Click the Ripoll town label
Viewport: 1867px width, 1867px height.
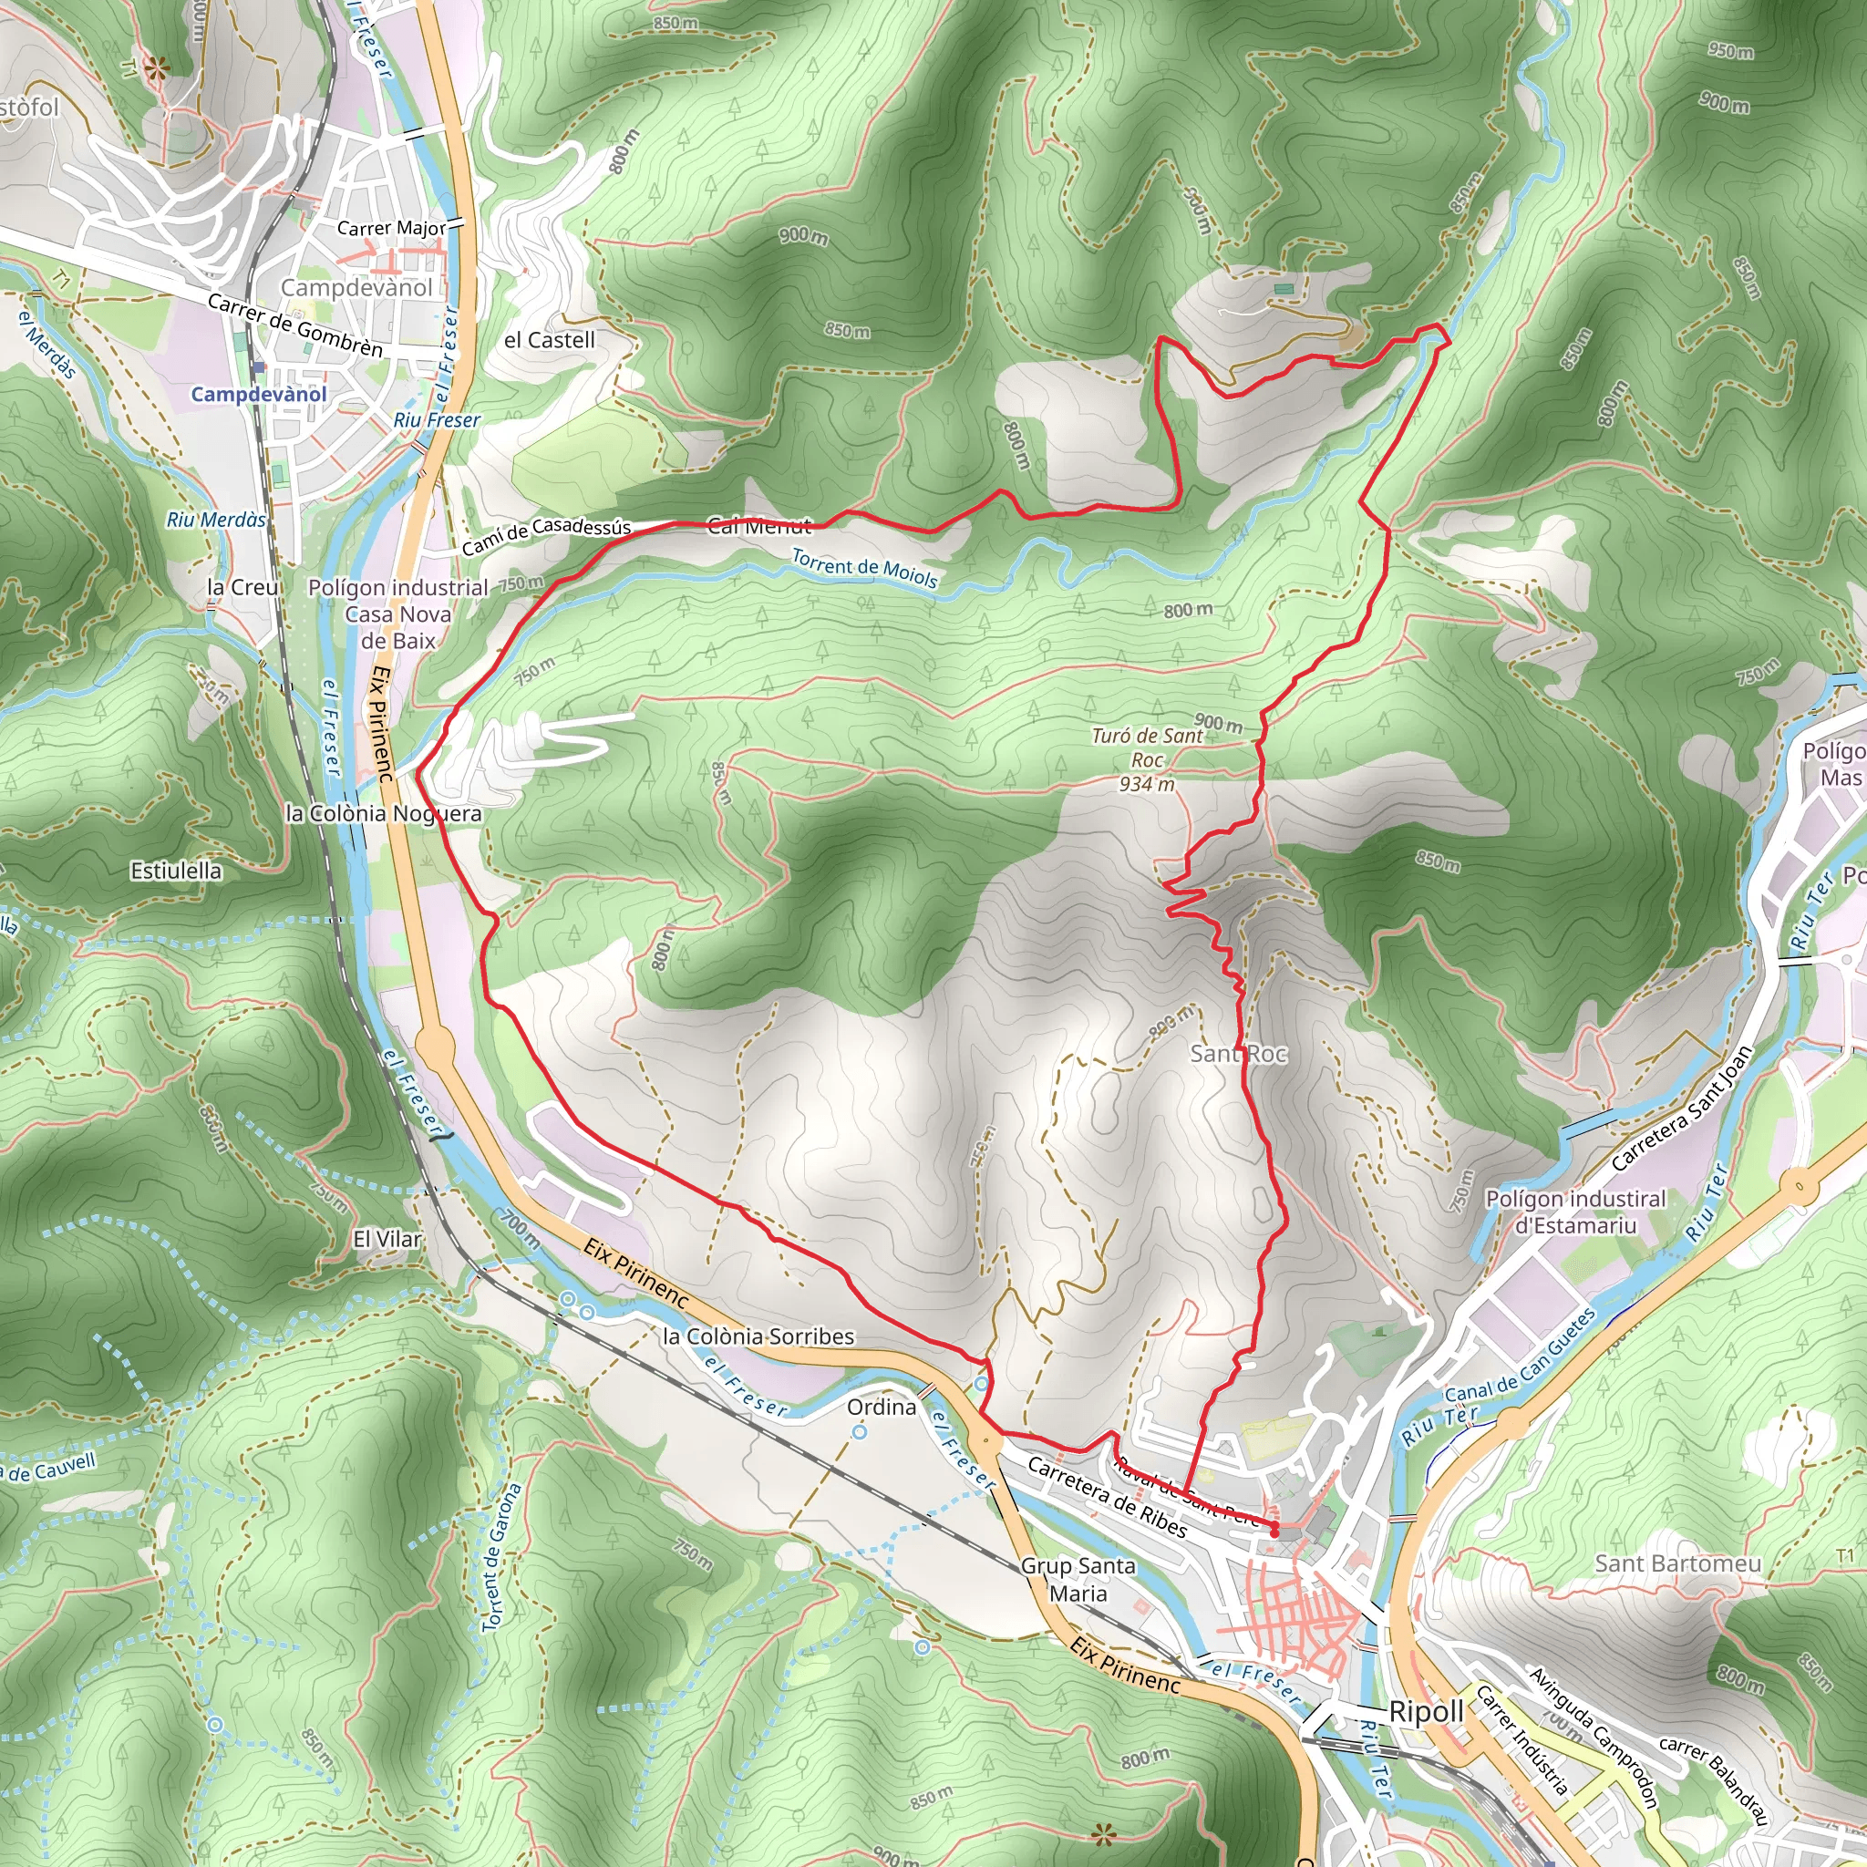coord(1427,1711)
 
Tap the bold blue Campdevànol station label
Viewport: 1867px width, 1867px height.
coord(258,394)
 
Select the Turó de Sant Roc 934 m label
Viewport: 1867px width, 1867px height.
coord(1147,759)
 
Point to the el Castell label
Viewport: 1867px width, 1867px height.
coord(550,340)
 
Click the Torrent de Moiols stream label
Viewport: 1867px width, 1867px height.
coord(864,568)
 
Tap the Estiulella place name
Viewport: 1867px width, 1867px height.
coord(176,871)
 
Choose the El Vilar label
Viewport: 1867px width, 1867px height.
coord(387,1239)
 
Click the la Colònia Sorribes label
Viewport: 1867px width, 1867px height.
coord(758,1336)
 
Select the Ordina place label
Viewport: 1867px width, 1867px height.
coord(882,1407)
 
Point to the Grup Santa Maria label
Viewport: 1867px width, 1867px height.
coord(1078,1579)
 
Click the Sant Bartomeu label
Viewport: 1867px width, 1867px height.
coord(1677,1563)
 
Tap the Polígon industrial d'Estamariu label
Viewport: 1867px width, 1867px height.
coord(1575,1212)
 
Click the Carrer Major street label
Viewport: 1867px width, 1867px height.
coord(391,228)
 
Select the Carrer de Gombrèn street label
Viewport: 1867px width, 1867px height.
coord(295,325)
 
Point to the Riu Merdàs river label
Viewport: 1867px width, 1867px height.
coord(216,520)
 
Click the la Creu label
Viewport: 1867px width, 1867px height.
coord(242,586)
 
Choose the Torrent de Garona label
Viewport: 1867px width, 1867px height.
coord(502,1557)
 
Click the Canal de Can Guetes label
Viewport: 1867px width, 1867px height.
coord(1520,1355)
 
